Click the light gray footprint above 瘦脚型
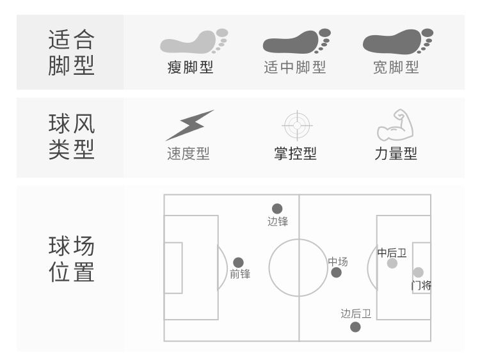pos(194,42)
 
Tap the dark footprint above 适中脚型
pos(297,42)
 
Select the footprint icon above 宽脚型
pos(398,42)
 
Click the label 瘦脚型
pos(190,67)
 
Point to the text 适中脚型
pos(295,67)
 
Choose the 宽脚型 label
pos(396,67)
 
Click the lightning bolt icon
pos(189,125)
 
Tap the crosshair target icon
pos(297,125)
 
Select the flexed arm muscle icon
pos(396,125)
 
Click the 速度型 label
pos(188,153)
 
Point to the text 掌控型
pos(296,153)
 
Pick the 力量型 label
pos(396,153)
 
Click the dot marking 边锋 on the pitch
pos(277,208)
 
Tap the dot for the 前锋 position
pos(238,262)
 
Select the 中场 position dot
pos(336,272)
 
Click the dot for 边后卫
pos(355,327)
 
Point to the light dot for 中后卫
pos(392,263)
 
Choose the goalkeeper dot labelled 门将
pos(418,272)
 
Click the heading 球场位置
pos(71,259)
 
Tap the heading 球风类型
pos(71,136)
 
